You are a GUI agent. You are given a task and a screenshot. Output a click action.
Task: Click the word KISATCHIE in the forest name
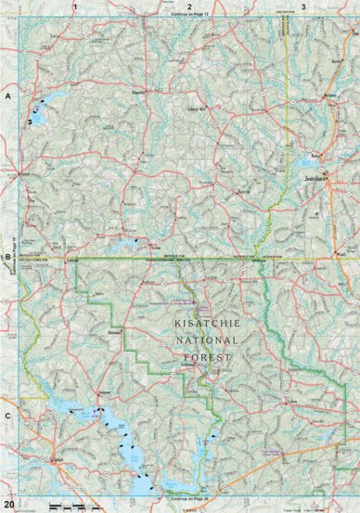[205, 324]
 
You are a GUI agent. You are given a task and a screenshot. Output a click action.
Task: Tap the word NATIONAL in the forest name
[205, 340]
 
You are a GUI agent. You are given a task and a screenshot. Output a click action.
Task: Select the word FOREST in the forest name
[205, 355]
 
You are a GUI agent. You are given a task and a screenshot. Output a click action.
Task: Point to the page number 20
[7, 504]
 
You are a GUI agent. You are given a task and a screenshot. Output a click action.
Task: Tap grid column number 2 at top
[188, 6]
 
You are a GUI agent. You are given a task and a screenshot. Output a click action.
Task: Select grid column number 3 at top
[303, 6]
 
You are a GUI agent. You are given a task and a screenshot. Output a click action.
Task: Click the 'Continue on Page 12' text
[188, 16]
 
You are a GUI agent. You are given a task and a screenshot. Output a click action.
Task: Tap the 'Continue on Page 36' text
[188, 499]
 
